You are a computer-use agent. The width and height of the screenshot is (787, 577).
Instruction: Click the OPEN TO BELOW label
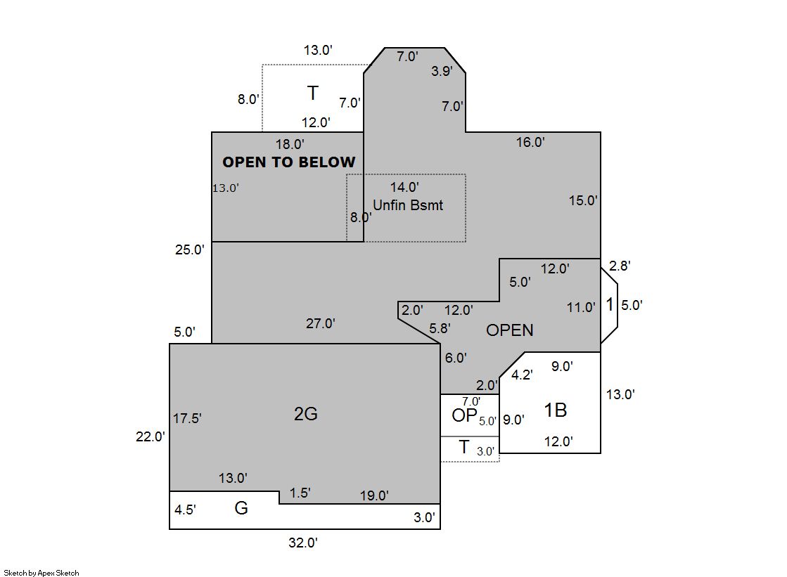288,162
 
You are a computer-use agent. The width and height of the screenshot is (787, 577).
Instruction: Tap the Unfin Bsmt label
408,205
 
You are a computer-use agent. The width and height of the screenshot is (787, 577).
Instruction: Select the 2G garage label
306,414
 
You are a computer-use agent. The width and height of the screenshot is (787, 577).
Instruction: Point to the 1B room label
556,410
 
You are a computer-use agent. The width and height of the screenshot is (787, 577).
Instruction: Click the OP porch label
464,415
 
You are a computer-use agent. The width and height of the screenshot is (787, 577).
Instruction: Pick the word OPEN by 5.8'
509,330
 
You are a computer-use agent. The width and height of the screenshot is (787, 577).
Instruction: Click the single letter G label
241,508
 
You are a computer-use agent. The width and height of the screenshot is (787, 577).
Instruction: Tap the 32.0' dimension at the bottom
303,543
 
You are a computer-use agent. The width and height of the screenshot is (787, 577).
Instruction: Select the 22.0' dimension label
150,436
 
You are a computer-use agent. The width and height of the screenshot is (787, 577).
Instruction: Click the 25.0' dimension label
190,249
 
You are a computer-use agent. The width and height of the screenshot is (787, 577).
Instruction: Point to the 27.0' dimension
321,323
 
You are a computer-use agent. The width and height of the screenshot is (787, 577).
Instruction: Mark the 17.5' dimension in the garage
187,418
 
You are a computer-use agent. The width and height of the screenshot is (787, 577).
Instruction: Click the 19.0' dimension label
374,495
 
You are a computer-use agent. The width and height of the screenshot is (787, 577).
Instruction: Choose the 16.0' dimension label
530,143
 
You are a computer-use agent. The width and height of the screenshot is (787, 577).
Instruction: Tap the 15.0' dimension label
583,201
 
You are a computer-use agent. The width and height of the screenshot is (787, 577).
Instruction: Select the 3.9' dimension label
442,71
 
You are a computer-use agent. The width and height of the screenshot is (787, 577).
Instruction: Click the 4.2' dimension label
522,375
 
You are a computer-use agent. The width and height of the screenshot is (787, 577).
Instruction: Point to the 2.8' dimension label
620,266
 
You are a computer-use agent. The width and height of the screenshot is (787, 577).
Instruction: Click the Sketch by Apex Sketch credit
41,573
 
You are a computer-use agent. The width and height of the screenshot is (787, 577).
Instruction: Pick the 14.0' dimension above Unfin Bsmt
404,187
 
